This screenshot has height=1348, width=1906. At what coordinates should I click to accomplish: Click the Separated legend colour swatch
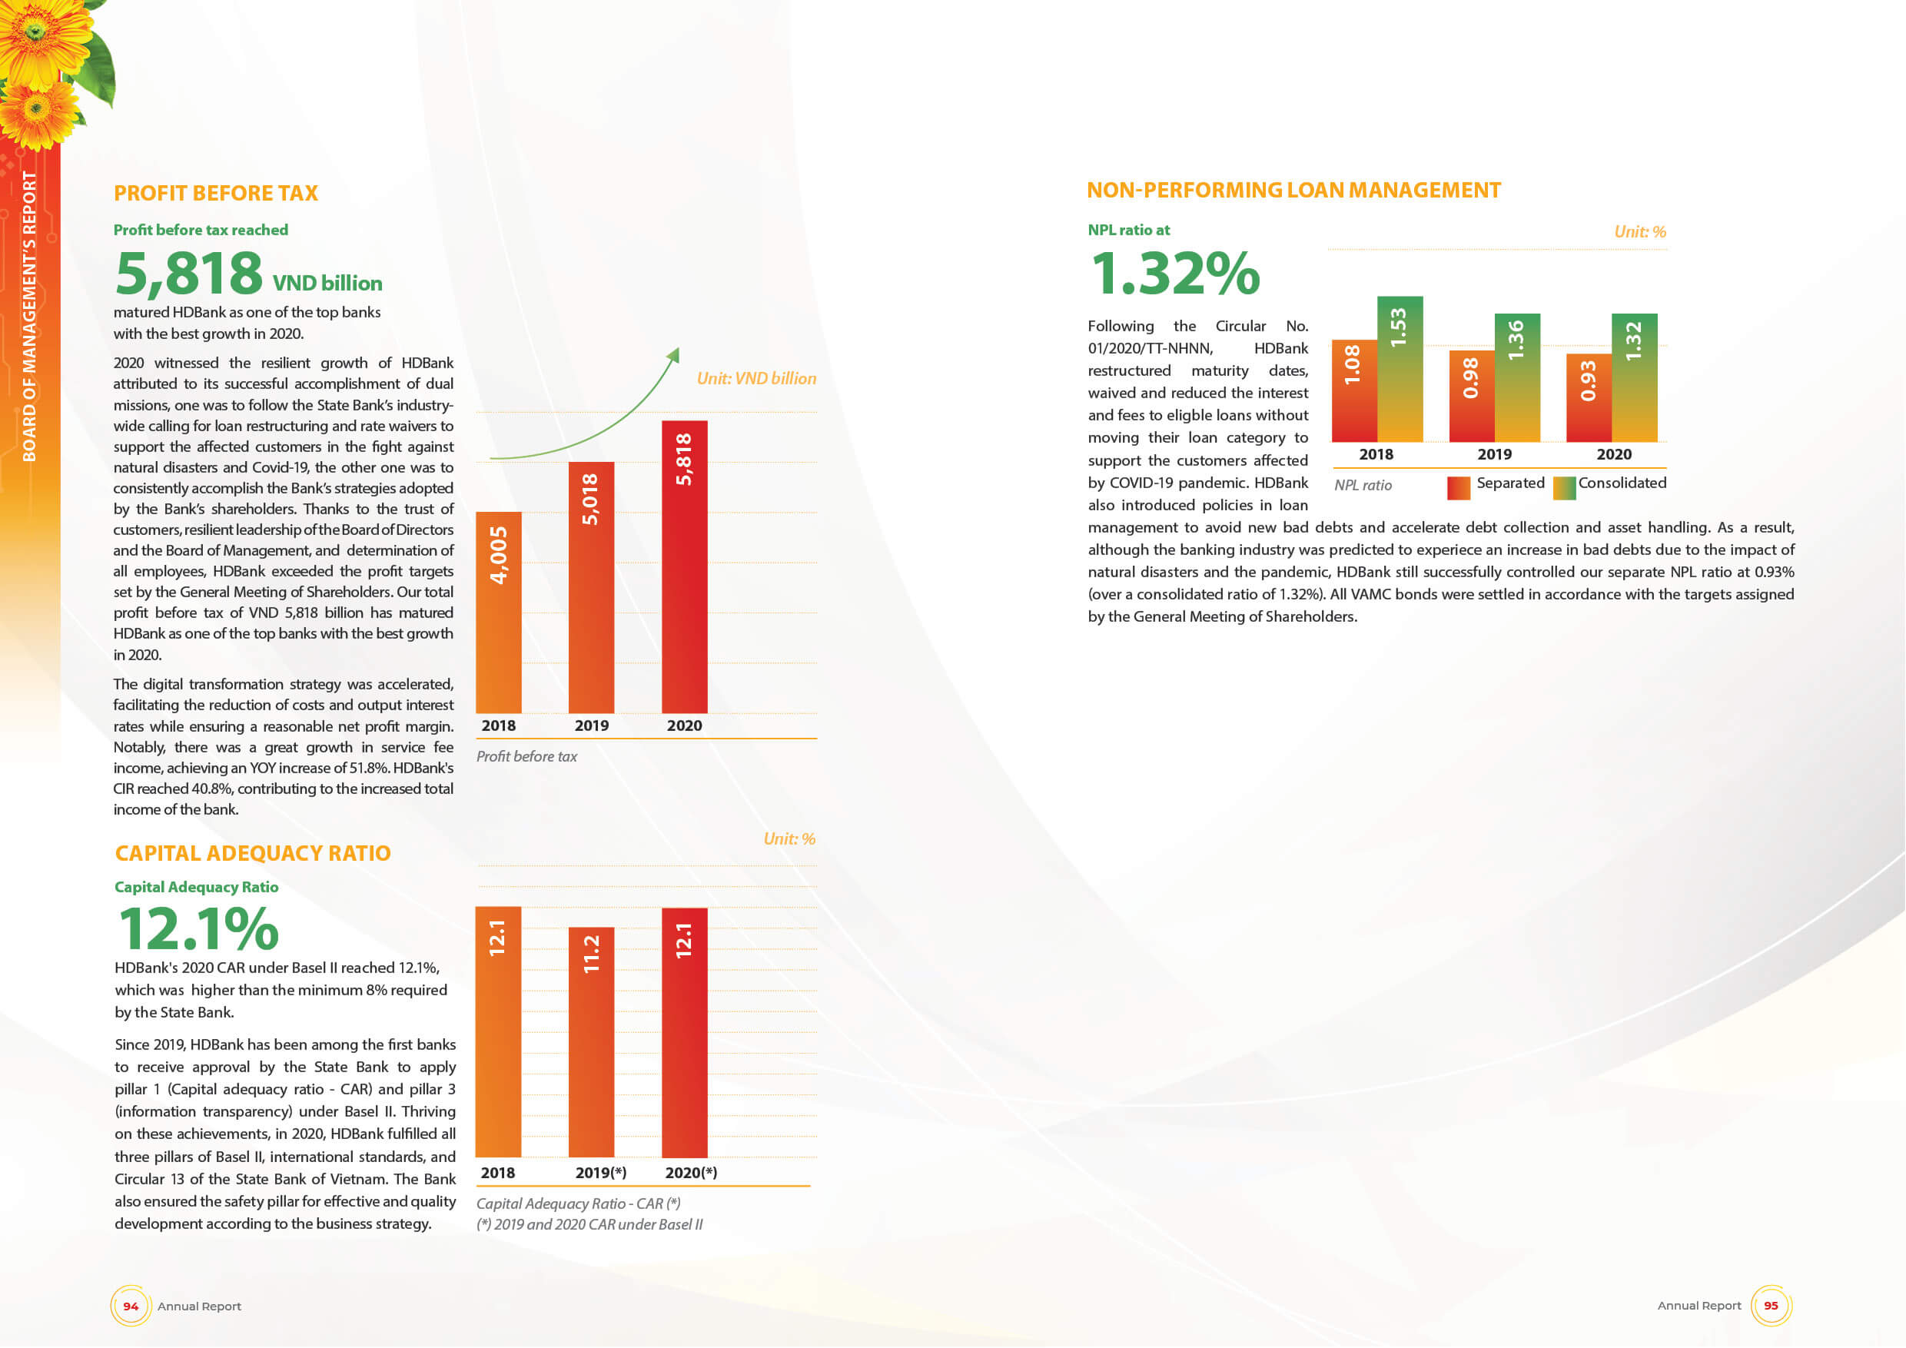pyautogui.click(x=1458, y=488)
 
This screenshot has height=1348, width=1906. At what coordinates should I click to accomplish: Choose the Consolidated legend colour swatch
pyautogui.click(x=1564, y=488)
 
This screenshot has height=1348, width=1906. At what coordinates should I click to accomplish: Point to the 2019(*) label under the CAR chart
pyautogui.click(x=600, y=1173)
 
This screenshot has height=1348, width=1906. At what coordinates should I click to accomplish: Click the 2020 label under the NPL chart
pyautogui.click(x=1613, y=454)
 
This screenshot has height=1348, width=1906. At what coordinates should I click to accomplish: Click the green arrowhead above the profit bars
pyautogui.click(x=673, y=355)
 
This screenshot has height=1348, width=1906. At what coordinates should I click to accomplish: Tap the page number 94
pyautogui.click(x=131, y=1306)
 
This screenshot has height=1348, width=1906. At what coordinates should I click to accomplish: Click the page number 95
pyautogui.click(x=1771, y=1305)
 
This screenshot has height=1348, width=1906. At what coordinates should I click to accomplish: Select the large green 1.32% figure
pyautogui.click(x=1174, y=273)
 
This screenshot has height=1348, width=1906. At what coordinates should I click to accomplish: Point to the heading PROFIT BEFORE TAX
pyautogui.click(x=216, y=194)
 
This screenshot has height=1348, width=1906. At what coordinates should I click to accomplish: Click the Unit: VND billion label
pyautogui.click(x=755, y=379)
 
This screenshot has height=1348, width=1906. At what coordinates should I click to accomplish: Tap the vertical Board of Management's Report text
pyautogui.click(x=29, y=315)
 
